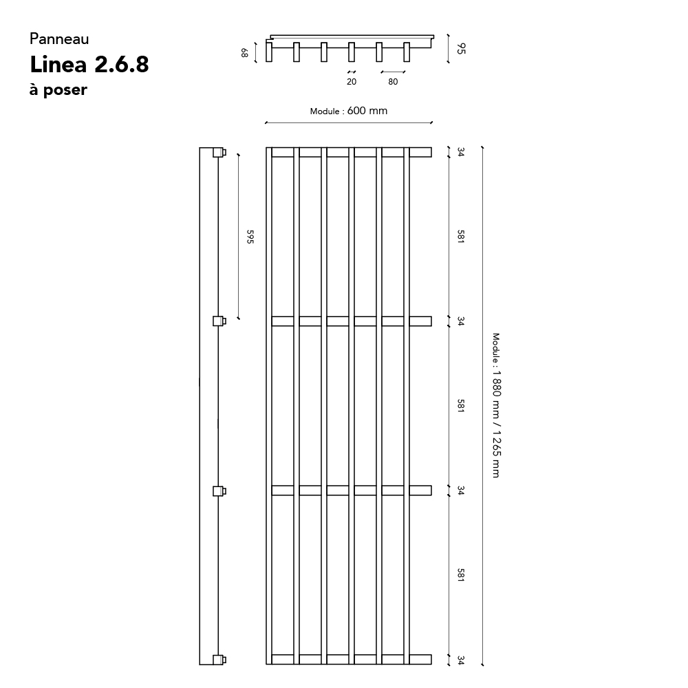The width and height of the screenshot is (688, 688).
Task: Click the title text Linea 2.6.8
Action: click(89, 65)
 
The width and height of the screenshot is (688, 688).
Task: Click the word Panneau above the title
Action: click(59, 39)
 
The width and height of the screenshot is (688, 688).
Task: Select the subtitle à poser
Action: click(58, 89)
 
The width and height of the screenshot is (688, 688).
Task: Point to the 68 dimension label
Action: click(244, 53)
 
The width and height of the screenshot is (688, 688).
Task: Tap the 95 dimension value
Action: click(461, 48)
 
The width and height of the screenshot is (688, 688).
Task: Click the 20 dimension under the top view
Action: click(352, 82)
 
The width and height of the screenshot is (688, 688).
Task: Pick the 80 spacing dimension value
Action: click(393, 82)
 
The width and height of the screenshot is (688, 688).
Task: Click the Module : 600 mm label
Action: click(349, 111)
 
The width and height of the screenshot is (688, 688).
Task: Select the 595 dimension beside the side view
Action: click(250, 237)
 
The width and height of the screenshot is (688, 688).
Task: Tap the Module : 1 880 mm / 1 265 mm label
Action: click(496, 405)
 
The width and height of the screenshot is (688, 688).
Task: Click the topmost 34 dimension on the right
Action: click(460, 152)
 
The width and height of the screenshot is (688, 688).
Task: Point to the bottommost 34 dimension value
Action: click(460, 660)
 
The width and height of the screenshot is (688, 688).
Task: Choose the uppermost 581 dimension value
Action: click(460, 237)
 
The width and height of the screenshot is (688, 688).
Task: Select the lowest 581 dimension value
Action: click(460, 574)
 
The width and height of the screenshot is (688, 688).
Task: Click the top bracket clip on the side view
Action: click(219, 152)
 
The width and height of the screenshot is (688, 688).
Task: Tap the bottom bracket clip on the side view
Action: click(219, 660)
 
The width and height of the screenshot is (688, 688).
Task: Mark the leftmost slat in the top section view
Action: click(269, 50)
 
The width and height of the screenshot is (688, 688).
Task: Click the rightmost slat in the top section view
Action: click(407, 52)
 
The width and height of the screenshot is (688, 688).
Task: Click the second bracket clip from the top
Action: click(219, 321)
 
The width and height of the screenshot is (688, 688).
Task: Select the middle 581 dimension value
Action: click(460, 405)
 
